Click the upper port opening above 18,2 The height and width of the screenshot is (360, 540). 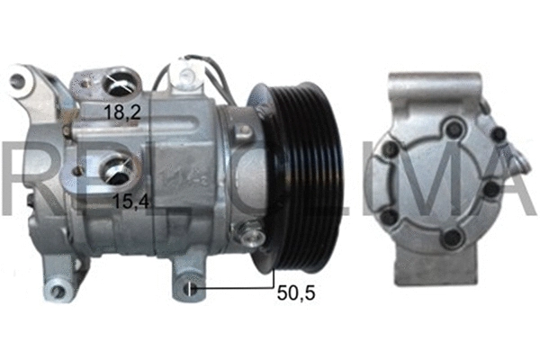pyautogui.click(x=118, y=85)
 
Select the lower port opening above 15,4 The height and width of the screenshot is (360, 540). pyautogui.click(x=118, y=167)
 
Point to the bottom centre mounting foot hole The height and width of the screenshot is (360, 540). pyautogui.click(x=190, y=289)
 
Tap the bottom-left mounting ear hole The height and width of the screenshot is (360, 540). pyautogui.click(x=59, y=290)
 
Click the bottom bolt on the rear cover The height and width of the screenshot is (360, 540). pyautogui.click(x=452, y=238)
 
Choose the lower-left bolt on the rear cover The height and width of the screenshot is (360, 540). pyautogui.click(x=391, y=215)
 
